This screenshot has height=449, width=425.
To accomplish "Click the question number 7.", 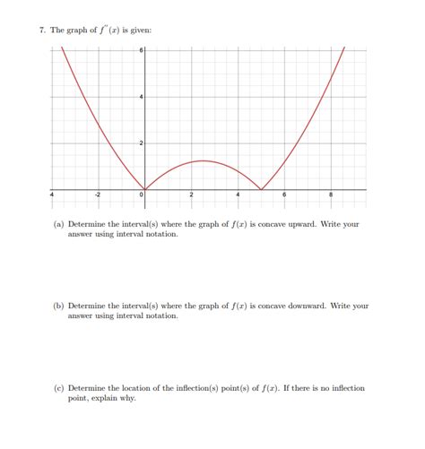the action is click(42, 30).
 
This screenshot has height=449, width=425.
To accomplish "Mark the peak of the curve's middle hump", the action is click(204, 161).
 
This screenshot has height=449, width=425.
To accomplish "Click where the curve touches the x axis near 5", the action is click(261, 189).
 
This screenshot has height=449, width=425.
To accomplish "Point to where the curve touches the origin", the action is click(145, 189).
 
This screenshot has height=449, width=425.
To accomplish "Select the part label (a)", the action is click(59, 224).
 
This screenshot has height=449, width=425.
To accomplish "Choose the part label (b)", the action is click(59, 306).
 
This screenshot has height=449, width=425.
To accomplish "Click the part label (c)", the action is click(59, 388).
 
